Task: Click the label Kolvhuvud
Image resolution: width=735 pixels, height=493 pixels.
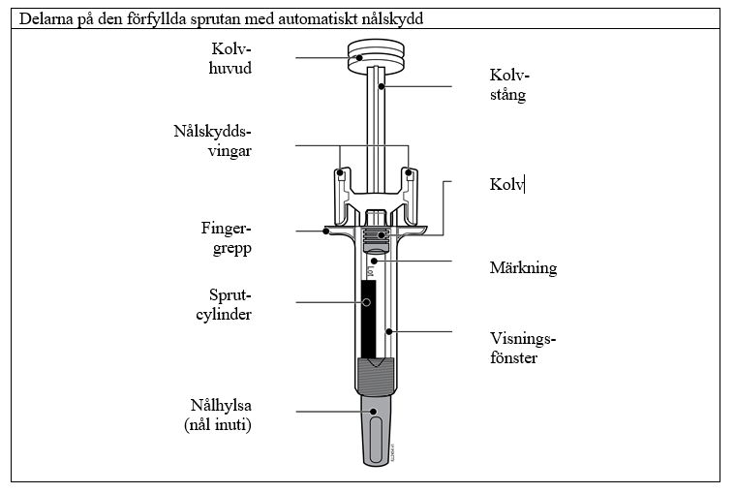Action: (x=230, y=58)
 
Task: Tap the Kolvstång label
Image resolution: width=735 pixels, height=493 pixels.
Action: (x=509, y=85)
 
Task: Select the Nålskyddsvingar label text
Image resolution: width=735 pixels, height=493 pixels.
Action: (x=212, y=140)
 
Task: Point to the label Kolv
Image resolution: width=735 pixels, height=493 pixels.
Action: (x=506, y=184)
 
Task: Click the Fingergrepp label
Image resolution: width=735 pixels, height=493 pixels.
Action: (x=227, y=238)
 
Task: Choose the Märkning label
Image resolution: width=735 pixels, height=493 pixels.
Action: (x=523, y=267)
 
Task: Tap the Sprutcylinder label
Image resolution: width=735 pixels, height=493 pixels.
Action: (x=224, y=304)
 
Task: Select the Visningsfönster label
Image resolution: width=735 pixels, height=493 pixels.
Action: (x=523, y=348)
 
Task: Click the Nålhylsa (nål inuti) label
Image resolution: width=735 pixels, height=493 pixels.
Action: (x=218, y=415)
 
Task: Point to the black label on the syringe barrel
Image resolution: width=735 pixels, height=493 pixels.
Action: (x=368, y=318)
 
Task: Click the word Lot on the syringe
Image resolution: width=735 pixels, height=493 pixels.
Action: (x=370, y=271)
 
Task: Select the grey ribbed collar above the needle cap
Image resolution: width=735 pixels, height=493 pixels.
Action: (x=376, y=376)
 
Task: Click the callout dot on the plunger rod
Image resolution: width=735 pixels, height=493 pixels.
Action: (x=382, y=86)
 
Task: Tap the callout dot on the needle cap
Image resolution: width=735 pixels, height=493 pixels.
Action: (x=373, y=412)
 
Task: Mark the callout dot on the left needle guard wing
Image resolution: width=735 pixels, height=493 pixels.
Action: (x=340, y=172)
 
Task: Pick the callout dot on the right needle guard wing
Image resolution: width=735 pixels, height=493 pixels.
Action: (x=409, y=172)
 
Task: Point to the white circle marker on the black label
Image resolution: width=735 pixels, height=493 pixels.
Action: (x=367, y=302)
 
